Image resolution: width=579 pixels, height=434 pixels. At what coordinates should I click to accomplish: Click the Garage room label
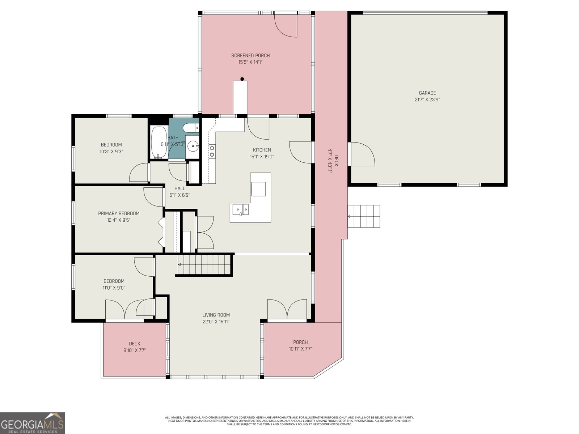coord(427,93)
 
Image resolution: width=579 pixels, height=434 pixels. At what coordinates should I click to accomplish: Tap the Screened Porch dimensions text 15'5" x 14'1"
coord(250,62)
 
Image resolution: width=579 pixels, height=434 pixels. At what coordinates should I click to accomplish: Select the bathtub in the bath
coord(159,142)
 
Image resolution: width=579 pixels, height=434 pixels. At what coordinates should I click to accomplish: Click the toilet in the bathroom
coord(191,127)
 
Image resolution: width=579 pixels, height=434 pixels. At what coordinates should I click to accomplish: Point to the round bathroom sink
coord(193,146)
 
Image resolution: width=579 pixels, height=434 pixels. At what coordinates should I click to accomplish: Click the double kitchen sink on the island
coord(240,209)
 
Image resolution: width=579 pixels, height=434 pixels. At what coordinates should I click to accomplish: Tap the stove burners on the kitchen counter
coord(212,151)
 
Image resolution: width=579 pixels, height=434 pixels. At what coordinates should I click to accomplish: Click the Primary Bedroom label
coord(119,213)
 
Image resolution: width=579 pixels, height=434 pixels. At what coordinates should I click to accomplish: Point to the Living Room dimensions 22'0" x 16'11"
coord(216,322)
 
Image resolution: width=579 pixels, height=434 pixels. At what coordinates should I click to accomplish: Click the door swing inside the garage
coord(362,154)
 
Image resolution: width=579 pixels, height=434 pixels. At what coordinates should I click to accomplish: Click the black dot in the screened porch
coord(242,79)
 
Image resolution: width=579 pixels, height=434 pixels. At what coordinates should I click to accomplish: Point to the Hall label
coord(179,188)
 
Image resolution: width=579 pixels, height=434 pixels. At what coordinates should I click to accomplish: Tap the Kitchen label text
coord(262,150)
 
